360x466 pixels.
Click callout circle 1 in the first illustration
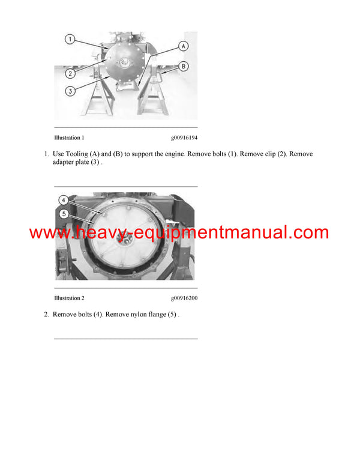pyautogui.click(x=70, y=40)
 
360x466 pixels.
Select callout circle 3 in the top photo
pyautogui.click(x=70, y=91)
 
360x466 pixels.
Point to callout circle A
pyautogui.click(x=183, y=46)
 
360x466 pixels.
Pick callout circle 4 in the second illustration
pyautogui.click(x=62, y=200)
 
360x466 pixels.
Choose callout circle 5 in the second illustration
pyautogui.click(x=62, y=213)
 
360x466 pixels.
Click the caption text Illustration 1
pyautogui.click(x=69, y=138)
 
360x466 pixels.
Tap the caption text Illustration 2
pyautogui.click(x=69, y=298)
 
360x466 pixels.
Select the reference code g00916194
pyautogui.click(x=184, y=138)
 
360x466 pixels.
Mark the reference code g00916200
pyautogui.click(x=184, y=298)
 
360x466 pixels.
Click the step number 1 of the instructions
pyautogui.click(x=46, y=154)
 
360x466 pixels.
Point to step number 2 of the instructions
pyautogui.click(x=46, y=314)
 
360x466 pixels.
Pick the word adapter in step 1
pyautogui.click(x=64, y=163)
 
